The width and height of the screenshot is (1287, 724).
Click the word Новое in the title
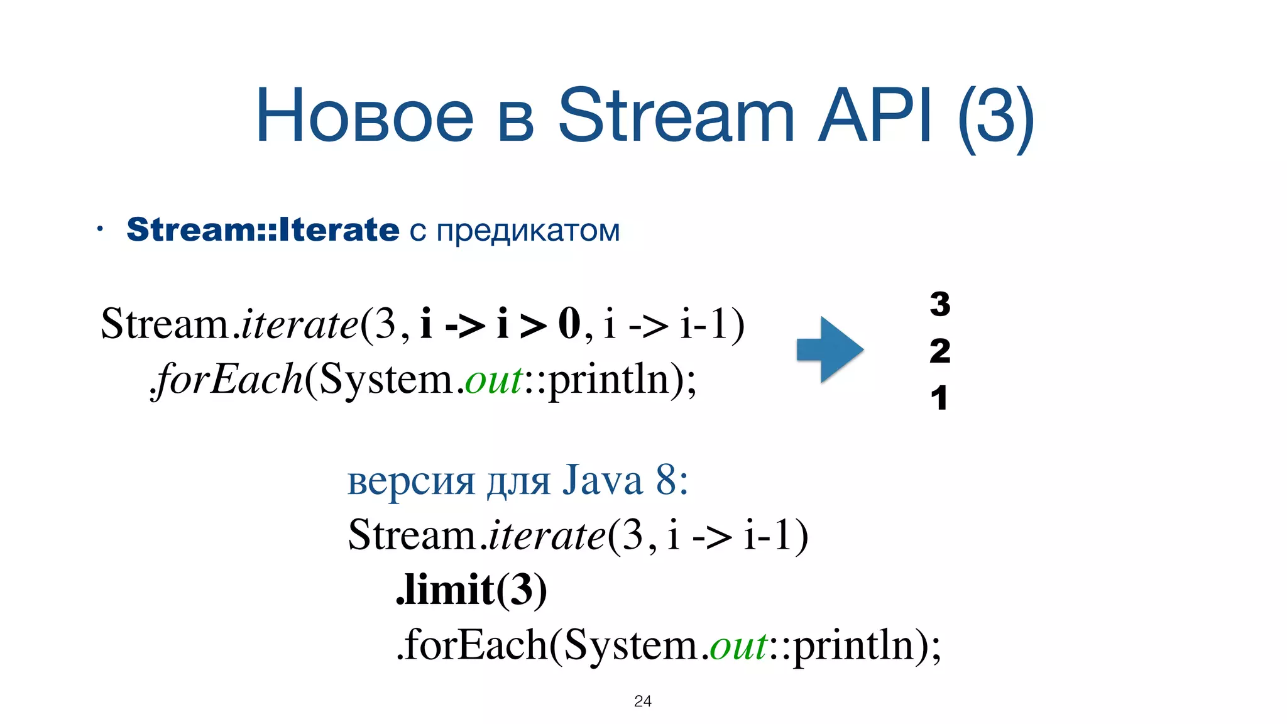pyautogui.click(x=364, y=117)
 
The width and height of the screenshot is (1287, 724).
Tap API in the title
pyautogui.click(x=875, y=117)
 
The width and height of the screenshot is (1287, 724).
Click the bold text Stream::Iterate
pyautogui.click(x=263, y=229)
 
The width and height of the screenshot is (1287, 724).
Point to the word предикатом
pyautogui.click(x=528, y=231)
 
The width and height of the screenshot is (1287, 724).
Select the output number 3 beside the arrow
pyautogui.click(x=940, y=304)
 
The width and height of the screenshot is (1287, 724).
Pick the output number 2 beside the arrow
pyautogui.click(x=940, y=351)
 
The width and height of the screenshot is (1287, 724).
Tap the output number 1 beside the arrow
pyautogui.click(x=939, y=398)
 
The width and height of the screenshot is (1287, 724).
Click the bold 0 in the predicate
pyautogui.click(x=569, y=324)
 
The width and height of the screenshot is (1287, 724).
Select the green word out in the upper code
pyautogui.click(x=494, y=380)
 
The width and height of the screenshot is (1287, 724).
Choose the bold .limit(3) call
pyautogui.click(x=471, y=590)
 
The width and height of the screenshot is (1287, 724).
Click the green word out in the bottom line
pyautogui.click(x=738, y=645)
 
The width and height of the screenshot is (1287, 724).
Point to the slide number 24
pyautogui.click(x=643, y=701)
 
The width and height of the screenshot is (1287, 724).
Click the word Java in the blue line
pyautogui.click(x=602, y=481)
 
